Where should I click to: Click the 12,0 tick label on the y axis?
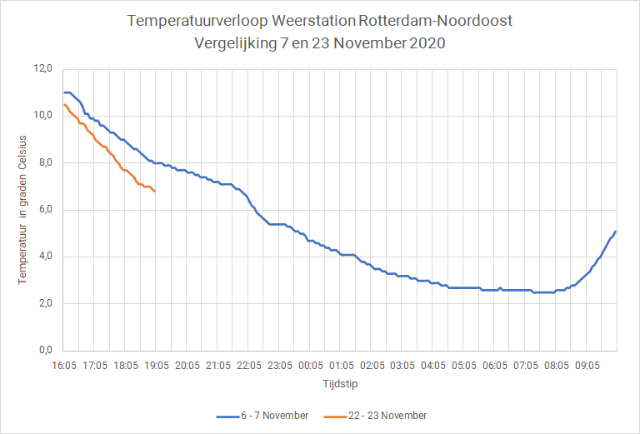(43, 69)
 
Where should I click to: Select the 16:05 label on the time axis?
(64, 366)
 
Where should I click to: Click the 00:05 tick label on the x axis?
(310, 366)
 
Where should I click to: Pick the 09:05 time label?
(587, 366)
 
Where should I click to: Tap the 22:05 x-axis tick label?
(248, 366)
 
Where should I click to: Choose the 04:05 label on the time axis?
(433, 366)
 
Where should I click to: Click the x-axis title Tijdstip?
(340, 384)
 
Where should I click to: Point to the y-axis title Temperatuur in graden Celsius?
(22, 210)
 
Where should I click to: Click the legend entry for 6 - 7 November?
(262, 416)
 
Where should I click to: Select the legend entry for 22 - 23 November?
(375, 416)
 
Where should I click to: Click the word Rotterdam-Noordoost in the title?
(435, 21)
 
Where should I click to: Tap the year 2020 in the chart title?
(427, 42)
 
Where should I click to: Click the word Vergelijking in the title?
(236, 43)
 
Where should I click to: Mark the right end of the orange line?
(155, 192)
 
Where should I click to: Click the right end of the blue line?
(616, 232)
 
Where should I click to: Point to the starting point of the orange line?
(64, 104)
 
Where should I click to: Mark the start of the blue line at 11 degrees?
(64, 92)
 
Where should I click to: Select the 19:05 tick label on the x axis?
(157, 366)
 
